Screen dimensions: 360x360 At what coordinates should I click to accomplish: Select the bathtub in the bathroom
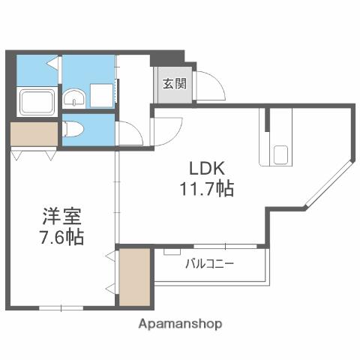pos(36,101)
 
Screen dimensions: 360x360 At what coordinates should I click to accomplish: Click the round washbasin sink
pos(74,97)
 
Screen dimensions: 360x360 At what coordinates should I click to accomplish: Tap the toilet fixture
pos(73,128)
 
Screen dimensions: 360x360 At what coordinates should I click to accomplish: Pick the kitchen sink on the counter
pos(280,155)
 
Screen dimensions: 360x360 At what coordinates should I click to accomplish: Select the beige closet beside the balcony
pos(135,277)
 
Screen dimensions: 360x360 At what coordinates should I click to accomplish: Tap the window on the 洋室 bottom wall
pos(61,307)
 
